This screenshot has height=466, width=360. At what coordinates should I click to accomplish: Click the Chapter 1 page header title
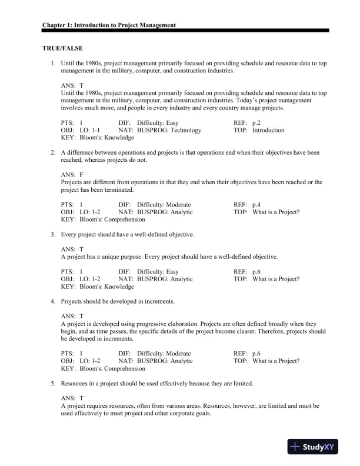click(109, 26)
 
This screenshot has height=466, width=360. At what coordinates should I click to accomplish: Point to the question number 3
click(52, 235)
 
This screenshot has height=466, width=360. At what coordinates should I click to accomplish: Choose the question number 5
click(52, 384)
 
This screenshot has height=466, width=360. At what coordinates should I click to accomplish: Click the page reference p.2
click(256, 123)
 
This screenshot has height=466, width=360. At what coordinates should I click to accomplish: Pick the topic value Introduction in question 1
click(268, 130)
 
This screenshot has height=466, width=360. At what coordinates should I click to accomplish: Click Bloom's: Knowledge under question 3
click(97, 287)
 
